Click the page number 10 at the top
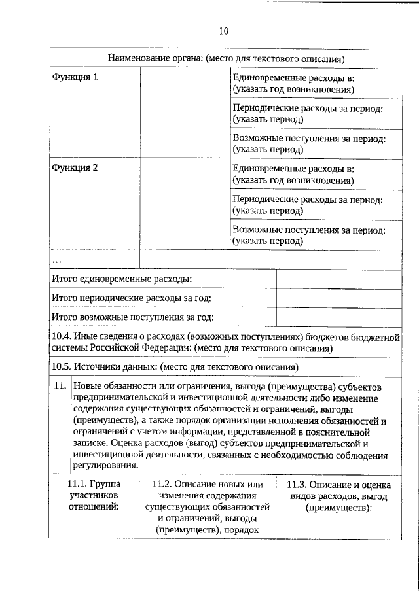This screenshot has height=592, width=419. coord(224,31)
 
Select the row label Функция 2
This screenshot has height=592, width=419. coord(75,167)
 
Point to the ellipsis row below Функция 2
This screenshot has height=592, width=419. coord(58,260)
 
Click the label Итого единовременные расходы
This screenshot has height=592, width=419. coord(122,279)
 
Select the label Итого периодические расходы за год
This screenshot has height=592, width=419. coord(131,298)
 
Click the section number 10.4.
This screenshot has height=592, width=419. coord(63,336)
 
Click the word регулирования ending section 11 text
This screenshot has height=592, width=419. coord(105,466)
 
